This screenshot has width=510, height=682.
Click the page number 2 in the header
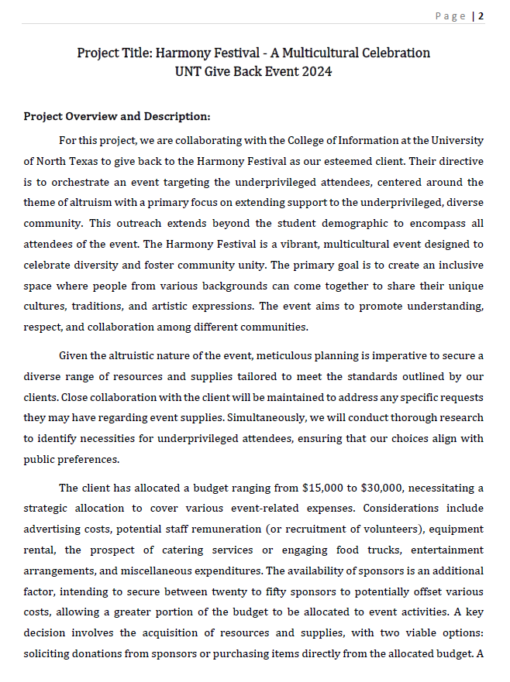pyautogui.click(x=481, y=16)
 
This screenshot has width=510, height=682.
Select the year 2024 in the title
pyautogui.click(x=315, y=72)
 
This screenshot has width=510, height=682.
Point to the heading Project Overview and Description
pyautogui.click(x=116, y=117)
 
